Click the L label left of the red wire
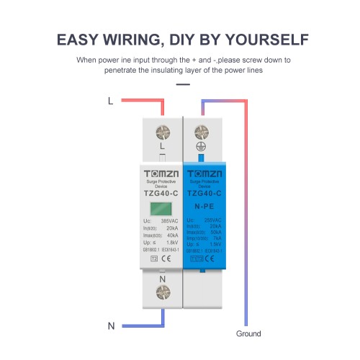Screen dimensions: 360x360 coord(110,102)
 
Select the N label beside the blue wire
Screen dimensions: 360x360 coord(111,326)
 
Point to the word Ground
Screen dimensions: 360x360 coord(248,334)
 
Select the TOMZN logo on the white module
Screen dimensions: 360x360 coord(161,175)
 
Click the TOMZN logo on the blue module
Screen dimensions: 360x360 coord(203,175)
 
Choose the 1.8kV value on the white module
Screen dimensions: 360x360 coord(174,243)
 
